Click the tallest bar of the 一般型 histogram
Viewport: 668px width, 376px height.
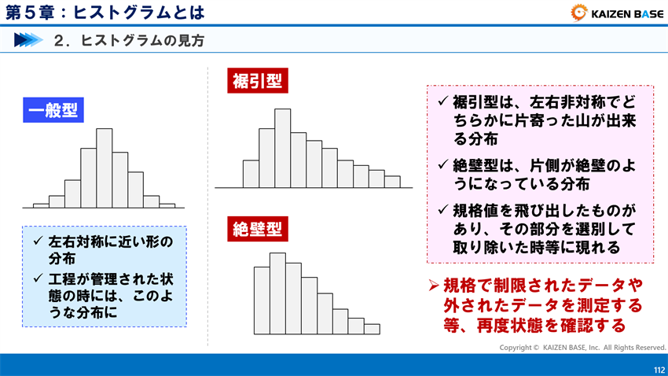104,167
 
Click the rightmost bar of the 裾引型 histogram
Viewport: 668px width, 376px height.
392,182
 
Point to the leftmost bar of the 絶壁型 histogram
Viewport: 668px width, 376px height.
262,300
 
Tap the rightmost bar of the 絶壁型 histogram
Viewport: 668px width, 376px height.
372,329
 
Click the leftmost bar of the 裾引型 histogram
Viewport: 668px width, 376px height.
251,174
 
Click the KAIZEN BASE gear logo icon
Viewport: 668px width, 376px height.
578,13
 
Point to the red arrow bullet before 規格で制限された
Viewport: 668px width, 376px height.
432,285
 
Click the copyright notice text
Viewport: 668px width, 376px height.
582,347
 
